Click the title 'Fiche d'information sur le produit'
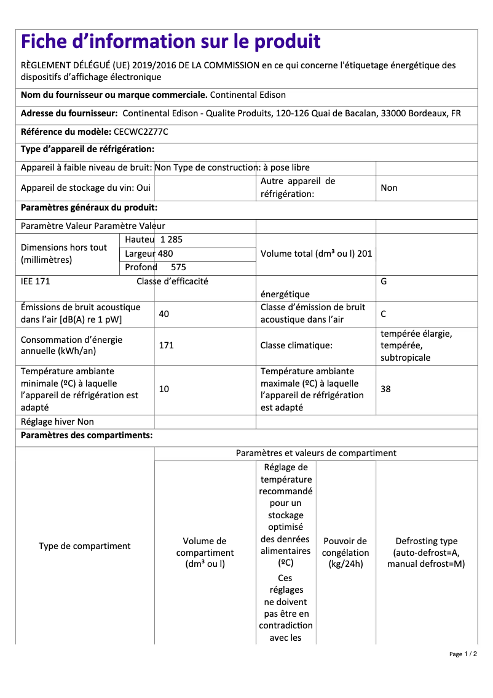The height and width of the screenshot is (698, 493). pos(170,42)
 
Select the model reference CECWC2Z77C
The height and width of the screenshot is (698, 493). pos(141,132)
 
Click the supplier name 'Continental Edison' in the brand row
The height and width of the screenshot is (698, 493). pos(248,95)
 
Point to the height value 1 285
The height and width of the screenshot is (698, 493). pos(172,239)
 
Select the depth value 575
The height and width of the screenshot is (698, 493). pos(178,267)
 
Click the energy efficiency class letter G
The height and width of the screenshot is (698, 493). pos(384,281)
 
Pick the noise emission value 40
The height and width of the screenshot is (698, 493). pos(164,314)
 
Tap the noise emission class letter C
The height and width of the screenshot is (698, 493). pos(384,314)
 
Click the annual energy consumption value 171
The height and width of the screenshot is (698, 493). pos(166,345)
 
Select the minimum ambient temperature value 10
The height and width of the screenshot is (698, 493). pos(164,389)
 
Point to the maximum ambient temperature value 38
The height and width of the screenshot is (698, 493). pos(385,389)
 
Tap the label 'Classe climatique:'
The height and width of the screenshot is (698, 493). pos(296,345)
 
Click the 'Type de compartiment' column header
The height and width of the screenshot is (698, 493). pos(85,546)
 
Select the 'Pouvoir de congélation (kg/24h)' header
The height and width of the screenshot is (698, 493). pos(345,552)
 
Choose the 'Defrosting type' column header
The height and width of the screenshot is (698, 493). pos(426,552)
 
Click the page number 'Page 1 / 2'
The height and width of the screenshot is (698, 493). pos(463,654)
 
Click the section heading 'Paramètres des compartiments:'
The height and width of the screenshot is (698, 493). pos(87,436)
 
